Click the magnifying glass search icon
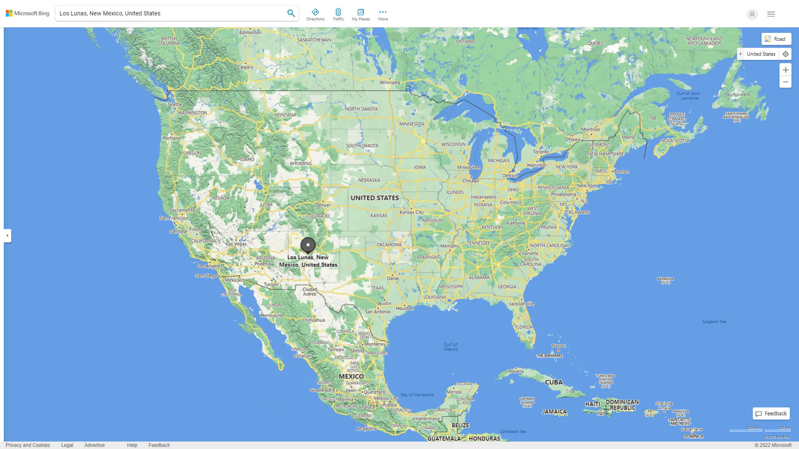[291, 13]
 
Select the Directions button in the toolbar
[315, 15]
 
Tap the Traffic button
[338, 15]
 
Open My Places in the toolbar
[360, 15]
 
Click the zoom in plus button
[785, 70]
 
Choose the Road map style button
[776, 39]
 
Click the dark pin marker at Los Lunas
[308, 245]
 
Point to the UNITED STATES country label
[375, 198]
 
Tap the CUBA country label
[553, 382]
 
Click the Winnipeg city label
[390, 82]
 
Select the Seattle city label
[175, 104]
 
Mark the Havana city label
[516, 371]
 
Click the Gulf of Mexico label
[451, 347]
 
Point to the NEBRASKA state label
[369, 180]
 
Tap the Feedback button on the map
[771, 414]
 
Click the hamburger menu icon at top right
[771, 14]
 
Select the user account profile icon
[752, 14]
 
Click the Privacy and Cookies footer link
[28, 445]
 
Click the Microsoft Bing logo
[27, 13]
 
